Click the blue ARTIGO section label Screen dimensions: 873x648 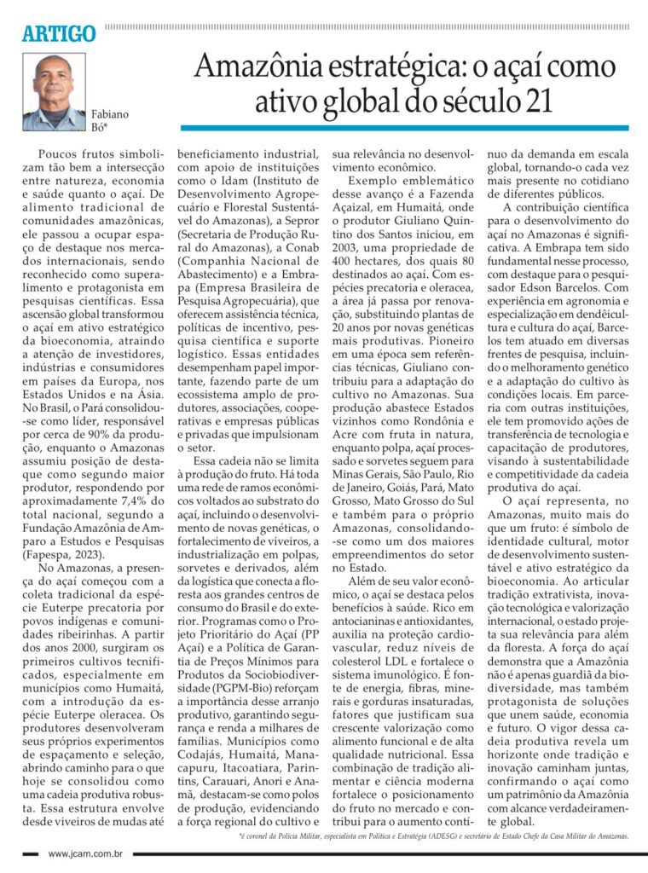click(x=59, y=34)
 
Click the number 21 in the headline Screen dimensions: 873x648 click(x=532, y=101)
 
